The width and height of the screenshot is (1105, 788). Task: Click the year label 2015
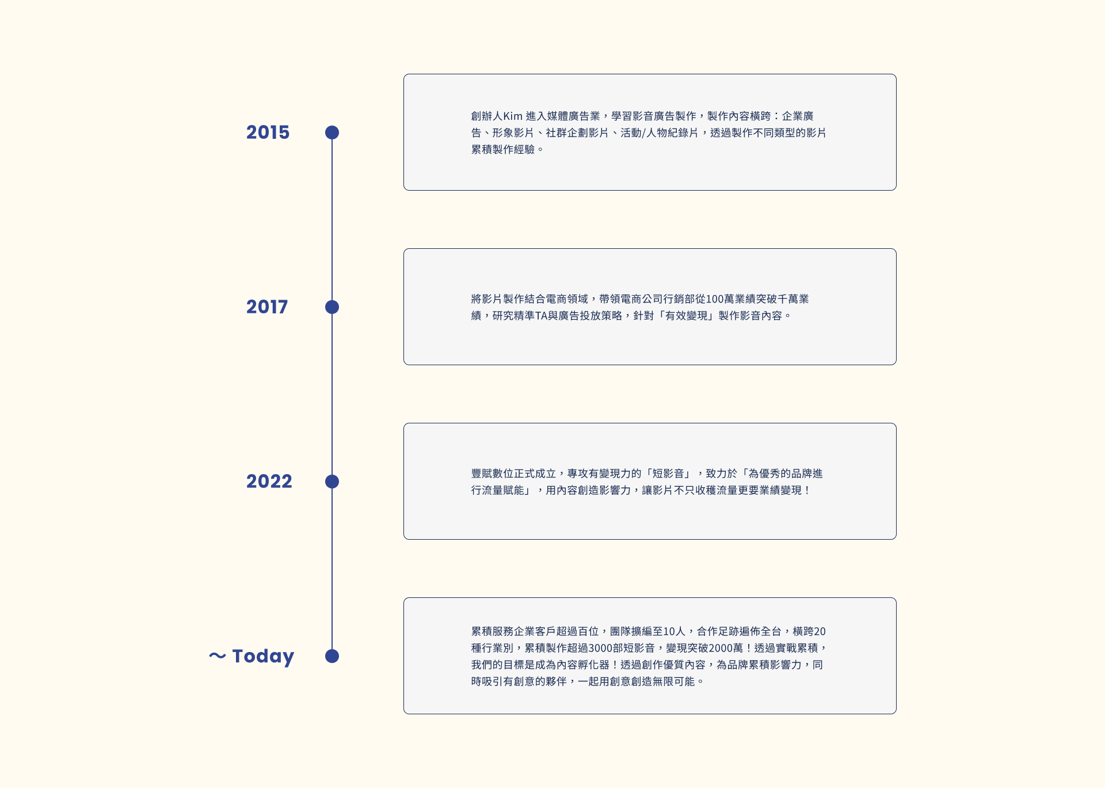(x=268, y=132)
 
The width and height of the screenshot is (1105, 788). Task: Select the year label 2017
(x=267, y=307)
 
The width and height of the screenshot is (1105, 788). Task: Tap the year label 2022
(x=269, y=482)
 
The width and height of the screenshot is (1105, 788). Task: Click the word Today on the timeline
(x=263, y=656)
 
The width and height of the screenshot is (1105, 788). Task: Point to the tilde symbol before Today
(x=217, y=656)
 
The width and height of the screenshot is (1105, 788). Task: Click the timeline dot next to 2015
(x=332, y=132)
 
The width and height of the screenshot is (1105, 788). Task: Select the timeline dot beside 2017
(x=332, y=307)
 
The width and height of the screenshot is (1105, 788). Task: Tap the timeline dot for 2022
(x=332, y=482)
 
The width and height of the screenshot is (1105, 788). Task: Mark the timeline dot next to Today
(x=332, y=656)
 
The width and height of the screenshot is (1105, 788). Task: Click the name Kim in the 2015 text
(x=513, y=116)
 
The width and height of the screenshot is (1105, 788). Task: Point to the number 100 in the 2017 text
(x=715, y=299)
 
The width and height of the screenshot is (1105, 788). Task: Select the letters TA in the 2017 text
(x=541, y=316)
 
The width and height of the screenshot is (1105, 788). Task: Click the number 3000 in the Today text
(x=600, y=648)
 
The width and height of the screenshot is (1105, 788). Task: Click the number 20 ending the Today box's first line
(x=820, y=631)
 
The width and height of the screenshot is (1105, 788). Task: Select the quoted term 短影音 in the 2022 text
(x=668, y=473)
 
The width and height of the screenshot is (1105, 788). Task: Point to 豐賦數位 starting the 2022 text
(x=493, y=473)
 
